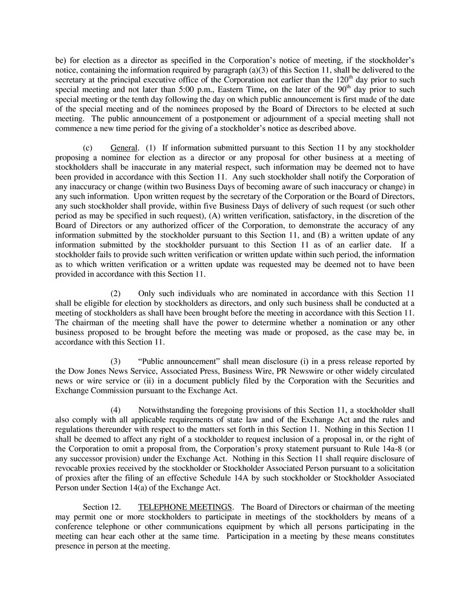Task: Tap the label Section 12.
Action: click(x=102, y=507)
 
